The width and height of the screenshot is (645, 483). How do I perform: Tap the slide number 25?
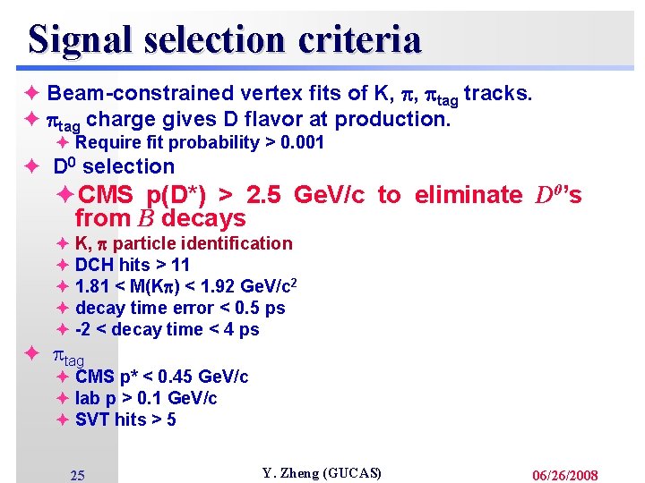coord(78,475)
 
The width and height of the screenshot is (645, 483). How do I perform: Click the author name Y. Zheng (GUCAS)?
coord(322,472)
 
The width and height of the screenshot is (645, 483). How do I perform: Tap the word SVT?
coord(93,419)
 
